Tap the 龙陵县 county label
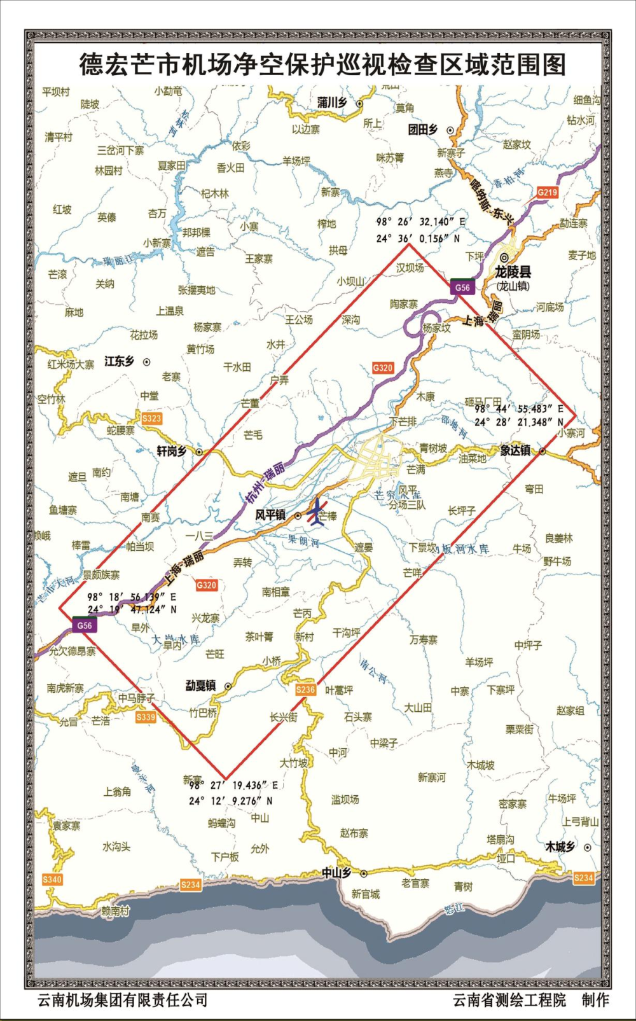[x=513, y=272]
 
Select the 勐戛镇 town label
[x=200, y=686]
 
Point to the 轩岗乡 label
[x=171, y=451]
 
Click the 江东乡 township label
[x=119, y=361]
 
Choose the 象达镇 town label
[x=515, y=450]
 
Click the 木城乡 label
[x=560, y=847]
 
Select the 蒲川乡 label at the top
[x=332, y=102]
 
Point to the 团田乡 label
[x=423, y=130]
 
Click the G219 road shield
[x=547, y=192]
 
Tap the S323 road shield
[x=151, y=418]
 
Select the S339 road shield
[x=146, y=717]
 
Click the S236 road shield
[x=305, y=690]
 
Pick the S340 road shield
[x=52, y=879]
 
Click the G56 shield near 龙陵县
[x=462, y=287]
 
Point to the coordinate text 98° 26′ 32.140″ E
[x=420, y=222]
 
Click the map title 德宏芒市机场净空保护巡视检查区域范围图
[x=322, y=64]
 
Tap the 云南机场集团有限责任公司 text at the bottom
[x=123, y=1000]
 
